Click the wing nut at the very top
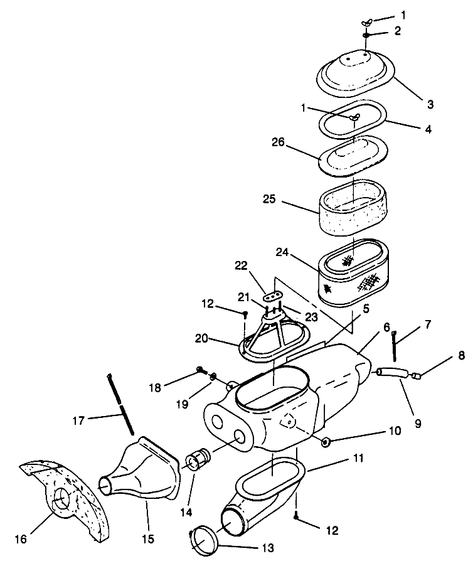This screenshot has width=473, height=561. [367, 23]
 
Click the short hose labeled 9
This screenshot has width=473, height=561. [394, 374]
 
